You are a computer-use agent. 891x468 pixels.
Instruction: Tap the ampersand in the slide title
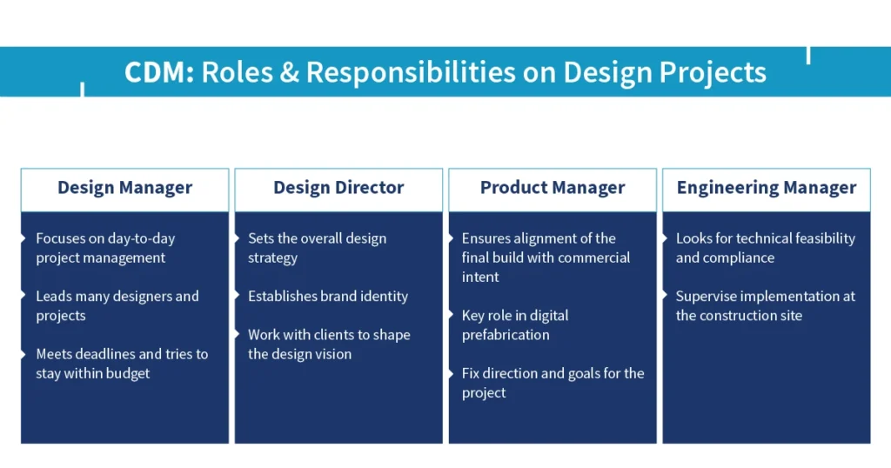click(287, 71)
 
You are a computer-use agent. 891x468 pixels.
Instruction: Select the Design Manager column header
click(124, 188)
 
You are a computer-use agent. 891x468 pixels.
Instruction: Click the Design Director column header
click(338, 188)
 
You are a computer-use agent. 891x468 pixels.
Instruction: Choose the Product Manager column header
click(553, 188)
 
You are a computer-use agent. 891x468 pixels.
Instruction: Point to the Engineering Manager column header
click(767, 188)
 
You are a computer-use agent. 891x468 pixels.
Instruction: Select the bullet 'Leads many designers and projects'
click(117, 305)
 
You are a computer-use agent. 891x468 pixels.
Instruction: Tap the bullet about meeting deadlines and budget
click(121, 364)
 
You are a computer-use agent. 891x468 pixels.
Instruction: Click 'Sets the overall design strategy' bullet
click(317, 248)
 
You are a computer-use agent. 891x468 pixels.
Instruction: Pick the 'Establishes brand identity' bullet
click(327, 297)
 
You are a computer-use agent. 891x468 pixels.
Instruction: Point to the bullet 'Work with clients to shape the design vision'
click(328, 344)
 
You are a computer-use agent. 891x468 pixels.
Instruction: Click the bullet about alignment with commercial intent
click(546, 257)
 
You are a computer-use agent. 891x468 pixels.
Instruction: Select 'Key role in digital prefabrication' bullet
click(514, 324)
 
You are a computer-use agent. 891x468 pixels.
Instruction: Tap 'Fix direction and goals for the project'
click(553, 383)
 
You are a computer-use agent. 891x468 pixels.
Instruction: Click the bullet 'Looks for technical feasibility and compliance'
click(765, 248)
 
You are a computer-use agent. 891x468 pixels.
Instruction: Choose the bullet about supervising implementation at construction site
click(765, 305)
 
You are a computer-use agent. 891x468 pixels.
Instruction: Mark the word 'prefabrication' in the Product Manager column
click(506, 335)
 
